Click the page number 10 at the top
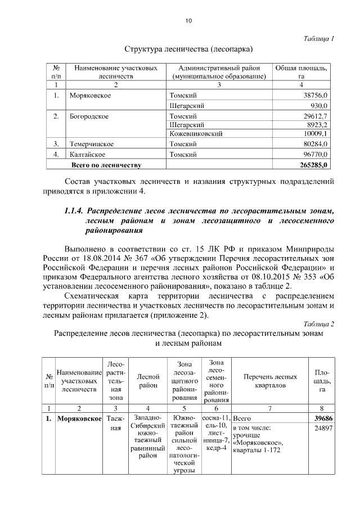(188, 21)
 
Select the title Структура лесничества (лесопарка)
(188, 48)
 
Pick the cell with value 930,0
(318, 106)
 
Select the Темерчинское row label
(92, 144)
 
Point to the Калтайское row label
(89, 154)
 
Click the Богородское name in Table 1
(89, 116)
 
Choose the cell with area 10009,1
(315, 134)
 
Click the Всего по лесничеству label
(105, 165)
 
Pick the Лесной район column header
(147, 381)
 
